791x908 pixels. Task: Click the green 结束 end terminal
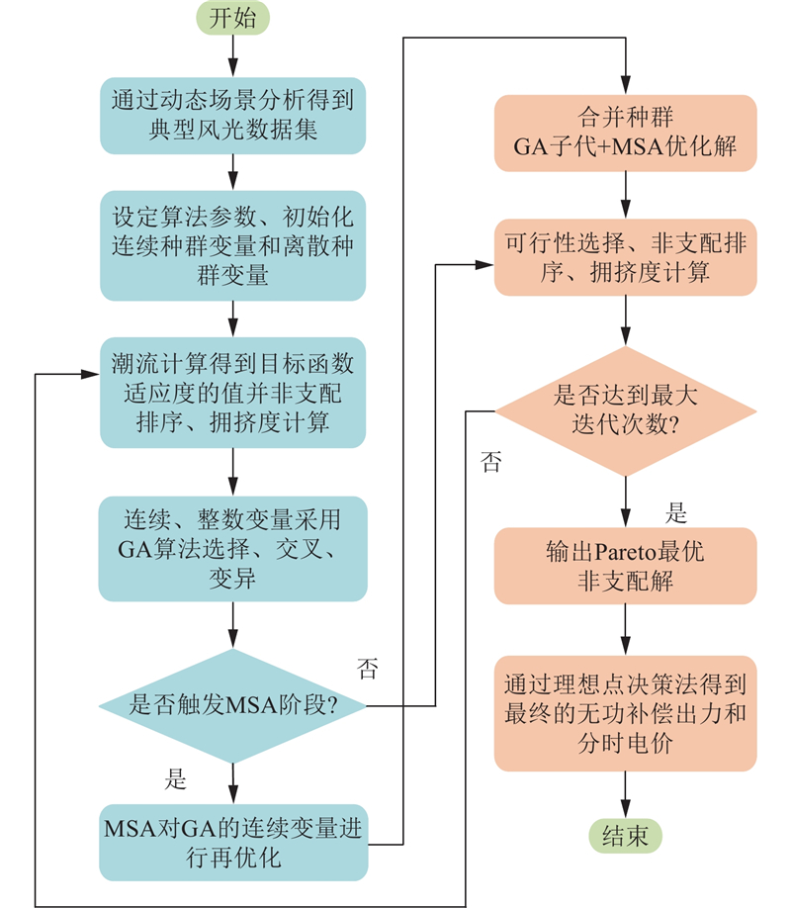pos(625,836)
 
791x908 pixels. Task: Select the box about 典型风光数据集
pos(232,114)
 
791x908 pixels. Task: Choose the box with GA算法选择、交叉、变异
pos(232,547)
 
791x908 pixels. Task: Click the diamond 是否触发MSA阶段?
pos(232,705)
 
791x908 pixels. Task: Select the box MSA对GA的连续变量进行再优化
pos(232,842)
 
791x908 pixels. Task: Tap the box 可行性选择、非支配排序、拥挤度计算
pos(625,256)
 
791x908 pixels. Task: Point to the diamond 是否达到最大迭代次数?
pos(625,409)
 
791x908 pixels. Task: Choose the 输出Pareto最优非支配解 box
pos(625,566)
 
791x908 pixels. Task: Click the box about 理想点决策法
pos(625,713)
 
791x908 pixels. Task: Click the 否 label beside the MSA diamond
pos(366,671)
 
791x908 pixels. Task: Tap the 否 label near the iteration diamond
pos(490,462)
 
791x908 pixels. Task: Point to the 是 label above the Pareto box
pos(676,513)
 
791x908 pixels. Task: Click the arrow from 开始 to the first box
pos(232,54)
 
